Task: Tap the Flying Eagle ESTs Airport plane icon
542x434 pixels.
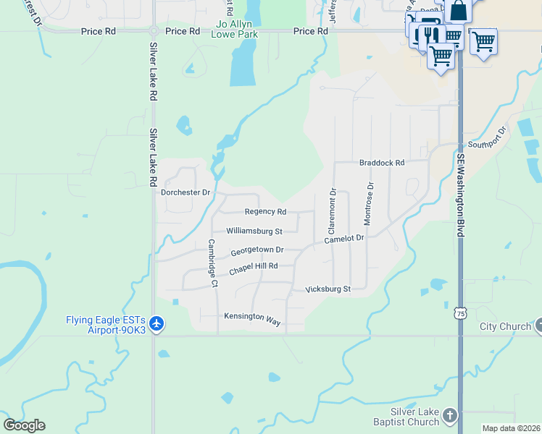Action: pos(157,323)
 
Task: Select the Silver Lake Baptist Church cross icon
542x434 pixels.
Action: pos(450,415)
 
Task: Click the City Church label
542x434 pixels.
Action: pos(505,326)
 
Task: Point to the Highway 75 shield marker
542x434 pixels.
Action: pos(460,312)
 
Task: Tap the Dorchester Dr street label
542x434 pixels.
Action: pos(185,192)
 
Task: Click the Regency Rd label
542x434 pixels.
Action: pos(265,212)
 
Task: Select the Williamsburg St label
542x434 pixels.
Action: pos(254,231)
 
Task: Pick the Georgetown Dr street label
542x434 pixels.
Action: pos(257,251)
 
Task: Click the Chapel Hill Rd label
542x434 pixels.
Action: pos(253,268)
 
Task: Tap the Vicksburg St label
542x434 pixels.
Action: pos(328,289)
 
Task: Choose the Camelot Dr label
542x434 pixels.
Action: pos(343,239)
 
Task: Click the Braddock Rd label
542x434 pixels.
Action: pos(381,163)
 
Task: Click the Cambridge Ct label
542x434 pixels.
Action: pos(213,263)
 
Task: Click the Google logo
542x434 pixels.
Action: pos(24,425)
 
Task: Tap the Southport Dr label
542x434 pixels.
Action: pos(486,138)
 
